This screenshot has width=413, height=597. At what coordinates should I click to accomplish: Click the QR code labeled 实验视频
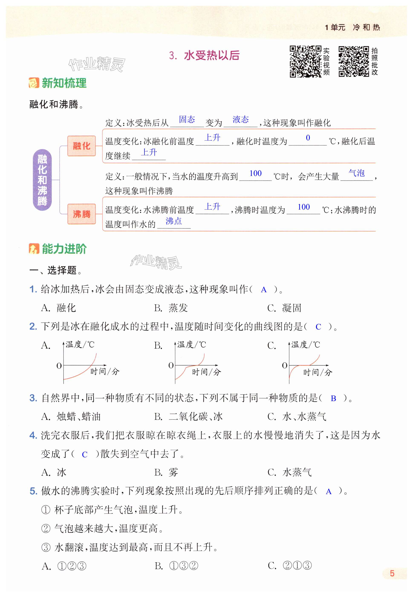tap(305, 61)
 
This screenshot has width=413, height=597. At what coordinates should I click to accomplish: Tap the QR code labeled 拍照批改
tap(354, 61)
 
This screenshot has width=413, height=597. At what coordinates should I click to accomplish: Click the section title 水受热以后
tap(211, 55)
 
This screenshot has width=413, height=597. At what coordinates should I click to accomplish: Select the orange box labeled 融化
tap(81, 146)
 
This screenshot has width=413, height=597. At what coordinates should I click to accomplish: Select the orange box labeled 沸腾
tap(81, 214)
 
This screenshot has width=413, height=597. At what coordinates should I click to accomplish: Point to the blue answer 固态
tap(187, 119)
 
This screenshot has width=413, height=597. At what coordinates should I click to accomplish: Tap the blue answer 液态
tap(240, 119)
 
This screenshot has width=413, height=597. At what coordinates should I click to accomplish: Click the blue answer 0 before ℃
tap(308, 138)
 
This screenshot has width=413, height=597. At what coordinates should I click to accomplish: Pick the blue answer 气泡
tap(356, 173)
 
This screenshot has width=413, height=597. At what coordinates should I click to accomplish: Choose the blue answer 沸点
tap(174, 221)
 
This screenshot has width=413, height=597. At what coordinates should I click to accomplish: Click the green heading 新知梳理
tap(64, 83)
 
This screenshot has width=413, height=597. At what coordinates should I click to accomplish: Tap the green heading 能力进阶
tap(64, 249)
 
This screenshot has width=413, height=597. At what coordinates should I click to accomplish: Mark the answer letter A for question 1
tap(263, 290)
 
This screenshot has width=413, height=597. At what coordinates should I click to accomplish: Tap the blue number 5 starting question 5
tap(33, 491)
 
